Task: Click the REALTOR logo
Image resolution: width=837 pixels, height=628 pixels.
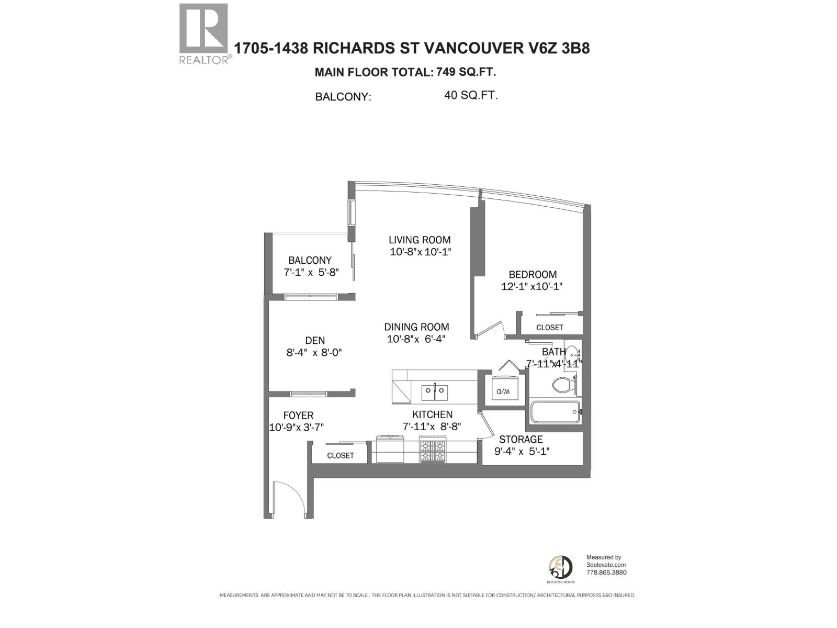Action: coord(204,32)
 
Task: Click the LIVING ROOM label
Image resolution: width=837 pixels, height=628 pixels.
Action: coord(420,240)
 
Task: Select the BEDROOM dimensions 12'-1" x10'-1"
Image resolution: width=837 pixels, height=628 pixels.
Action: coord(532,287)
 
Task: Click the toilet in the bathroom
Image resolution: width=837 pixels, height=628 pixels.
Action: coord(564,386)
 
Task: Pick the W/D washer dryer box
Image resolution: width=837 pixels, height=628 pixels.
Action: coord(503,390)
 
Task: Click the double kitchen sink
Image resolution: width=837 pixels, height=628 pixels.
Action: coord(435,390)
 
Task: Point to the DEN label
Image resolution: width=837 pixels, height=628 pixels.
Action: coord(315,341)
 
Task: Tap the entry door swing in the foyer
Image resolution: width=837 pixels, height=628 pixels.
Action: coord(289,499)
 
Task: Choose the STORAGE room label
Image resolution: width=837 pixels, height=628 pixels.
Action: coord(521,439)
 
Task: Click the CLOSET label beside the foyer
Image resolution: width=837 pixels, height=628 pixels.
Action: coord(341,455)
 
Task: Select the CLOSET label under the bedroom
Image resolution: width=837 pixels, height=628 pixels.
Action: coord(550,328)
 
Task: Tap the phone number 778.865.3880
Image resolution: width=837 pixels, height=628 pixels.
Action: coord(606,572)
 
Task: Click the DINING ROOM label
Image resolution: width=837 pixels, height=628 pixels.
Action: coord(417,327)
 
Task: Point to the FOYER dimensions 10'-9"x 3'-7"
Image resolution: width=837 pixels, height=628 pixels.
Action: coord(297,427)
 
